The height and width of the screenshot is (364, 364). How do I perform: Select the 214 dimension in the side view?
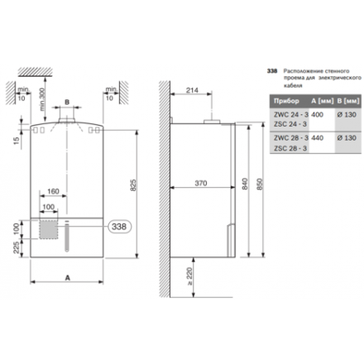pos(193,89)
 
